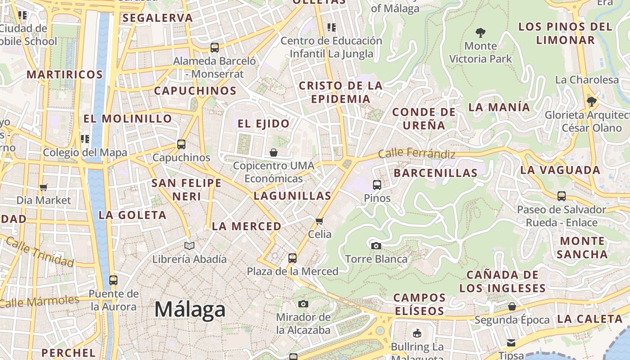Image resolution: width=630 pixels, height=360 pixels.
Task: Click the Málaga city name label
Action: click(190, 310)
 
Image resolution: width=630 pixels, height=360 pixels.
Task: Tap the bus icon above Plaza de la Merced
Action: click(292, 258)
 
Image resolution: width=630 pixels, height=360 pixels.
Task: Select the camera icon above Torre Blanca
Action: click(376, 246)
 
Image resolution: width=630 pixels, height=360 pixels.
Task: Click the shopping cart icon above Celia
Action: click(319, 221)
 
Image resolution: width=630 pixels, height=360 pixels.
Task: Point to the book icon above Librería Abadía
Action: click(189, 246)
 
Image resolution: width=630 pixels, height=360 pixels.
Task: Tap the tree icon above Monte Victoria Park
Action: click(481, 32)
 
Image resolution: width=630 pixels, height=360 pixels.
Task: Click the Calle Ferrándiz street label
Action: click(416, 153)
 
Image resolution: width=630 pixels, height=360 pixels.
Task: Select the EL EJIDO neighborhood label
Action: click(264, 124)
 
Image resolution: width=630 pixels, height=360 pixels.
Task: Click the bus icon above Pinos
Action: click(377, 184)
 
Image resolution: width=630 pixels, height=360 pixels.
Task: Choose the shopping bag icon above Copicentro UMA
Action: click(274, 153)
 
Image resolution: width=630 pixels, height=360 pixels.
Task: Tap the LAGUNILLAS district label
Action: click(292, 196)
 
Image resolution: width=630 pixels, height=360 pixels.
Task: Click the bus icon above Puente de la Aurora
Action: click(113, 280)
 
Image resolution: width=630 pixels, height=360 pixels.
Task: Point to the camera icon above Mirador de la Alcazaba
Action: click(303, 304)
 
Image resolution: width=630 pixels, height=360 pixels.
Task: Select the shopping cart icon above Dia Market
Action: click(44, 187)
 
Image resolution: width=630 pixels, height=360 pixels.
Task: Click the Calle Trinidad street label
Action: click(40, 252)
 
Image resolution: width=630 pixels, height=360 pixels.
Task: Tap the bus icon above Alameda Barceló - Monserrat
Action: click(215, 47)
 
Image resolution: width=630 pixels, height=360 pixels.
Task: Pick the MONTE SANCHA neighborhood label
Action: click(582, 247)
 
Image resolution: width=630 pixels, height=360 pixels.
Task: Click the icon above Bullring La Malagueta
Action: click(417, 333)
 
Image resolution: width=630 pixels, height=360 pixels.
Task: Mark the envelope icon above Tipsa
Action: click(511, 342)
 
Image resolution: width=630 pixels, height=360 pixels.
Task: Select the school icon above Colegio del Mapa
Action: click(85, 139)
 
